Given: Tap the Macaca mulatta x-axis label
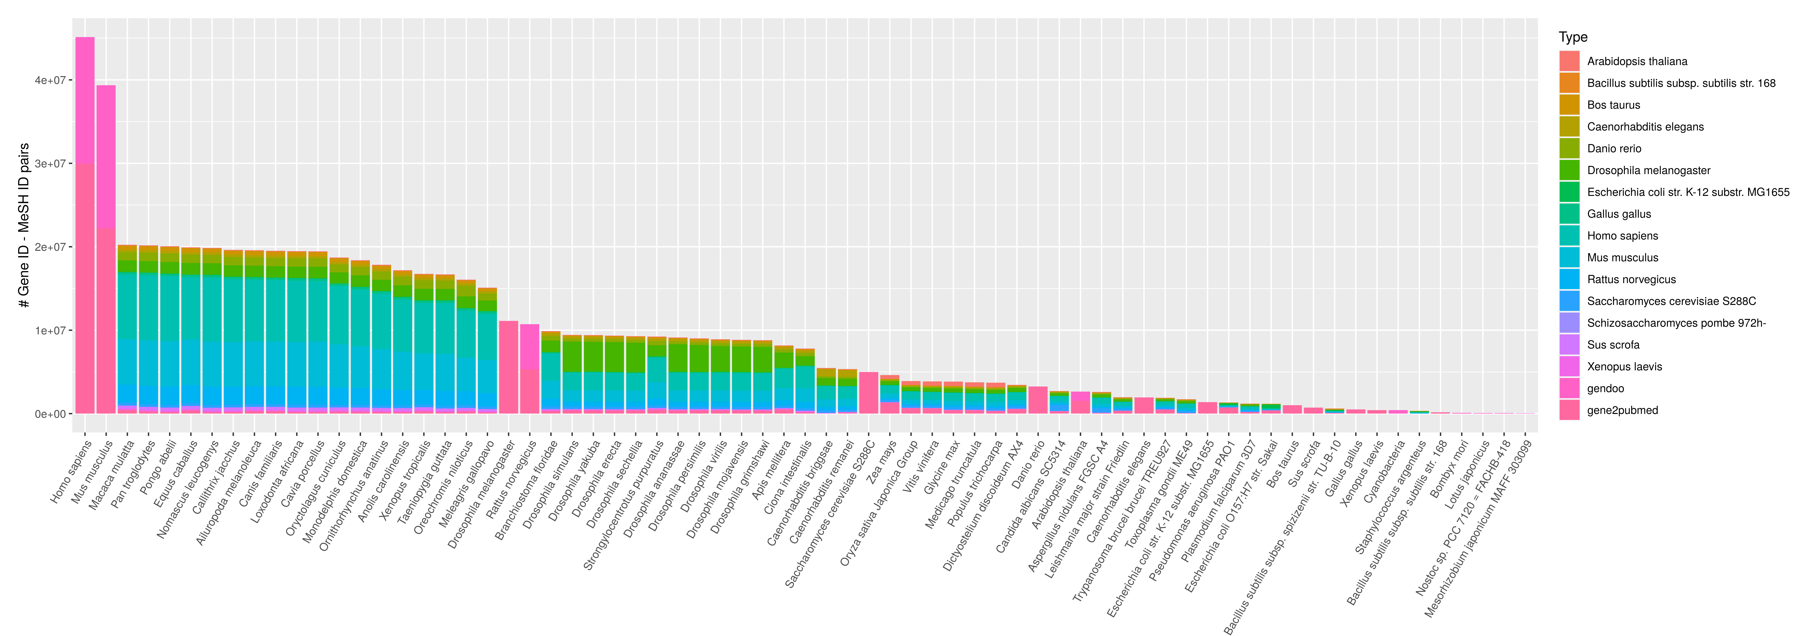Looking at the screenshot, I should (x=113, y=474).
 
